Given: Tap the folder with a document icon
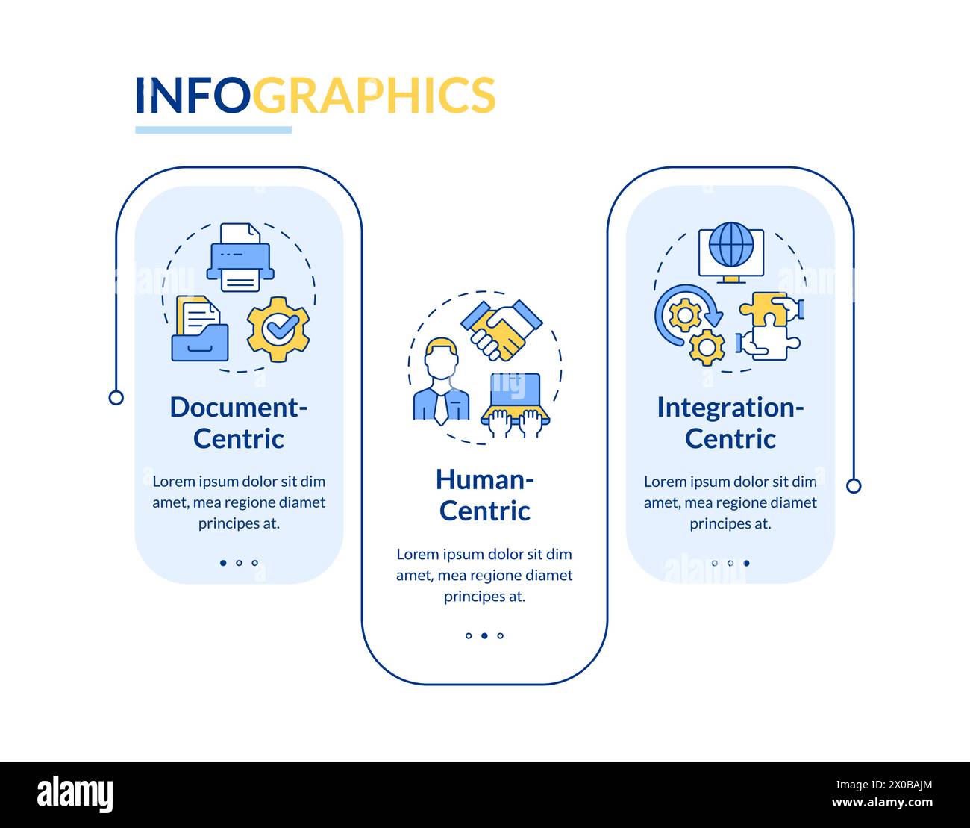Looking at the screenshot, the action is [x=199, y=330].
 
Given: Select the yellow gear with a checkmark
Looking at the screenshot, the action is [x=278, y=329].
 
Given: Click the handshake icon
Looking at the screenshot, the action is [x=501, y=329].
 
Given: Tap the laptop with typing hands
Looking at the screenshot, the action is [x=516, y=403].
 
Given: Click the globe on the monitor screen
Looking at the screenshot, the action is [x=730, y=246].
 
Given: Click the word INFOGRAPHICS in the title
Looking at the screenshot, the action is [x=315, y=95].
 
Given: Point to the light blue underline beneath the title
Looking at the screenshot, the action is [x=213, y=130].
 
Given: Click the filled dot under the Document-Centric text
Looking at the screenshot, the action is [x=223, y=563].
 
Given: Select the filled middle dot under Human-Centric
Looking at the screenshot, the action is [x=484, y=636].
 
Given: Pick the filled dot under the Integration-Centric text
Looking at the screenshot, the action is [x=746, y=563].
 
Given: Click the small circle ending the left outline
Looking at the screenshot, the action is [x=116, y=397].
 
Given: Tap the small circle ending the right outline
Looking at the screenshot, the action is [x=854, y=486].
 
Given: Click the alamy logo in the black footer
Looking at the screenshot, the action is [x=75, y=794].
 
